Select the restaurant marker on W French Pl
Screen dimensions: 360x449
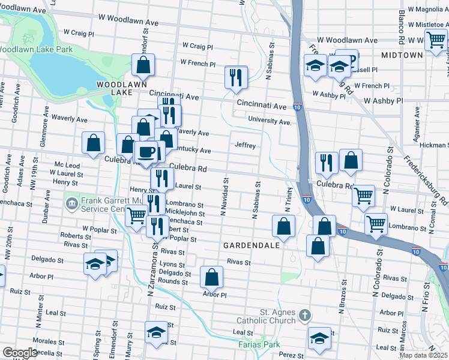click(x=236, y=77)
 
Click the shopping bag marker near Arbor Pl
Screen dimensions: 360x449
click(x=211, y=277)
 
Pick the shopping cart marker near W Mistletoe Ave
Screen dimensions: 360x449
click(x=436, y=40)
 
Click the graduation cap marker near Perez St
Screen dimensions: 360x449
click(x=319, y=338)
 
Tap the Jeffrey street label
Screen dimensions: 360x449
click(x=246, y=146)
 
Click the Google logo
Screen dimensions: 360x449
click(x=19, y=353)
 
